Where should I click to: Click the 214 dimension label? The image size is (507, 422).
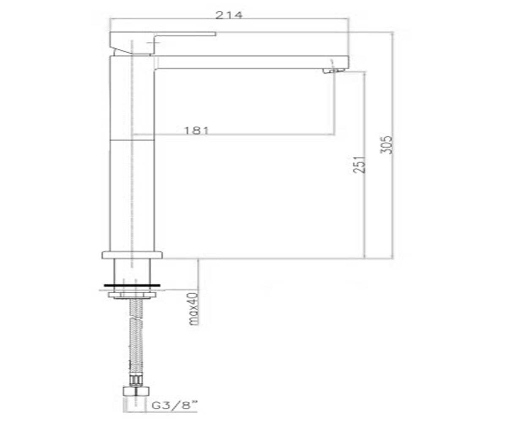[229, 15]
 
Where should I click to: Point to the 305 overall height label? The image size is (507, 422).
[386, 145]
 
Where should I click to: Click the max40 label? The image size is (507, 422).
[194, 309]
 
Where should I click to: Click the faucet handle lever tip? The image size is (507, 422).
[215, 34]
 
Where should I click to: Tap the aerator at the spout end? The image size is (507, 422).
[334, 70]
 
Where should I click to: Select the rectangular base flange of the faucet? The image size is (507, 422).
[132, 255]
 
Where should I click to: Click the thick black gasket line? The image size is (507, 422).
[132, 285]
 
